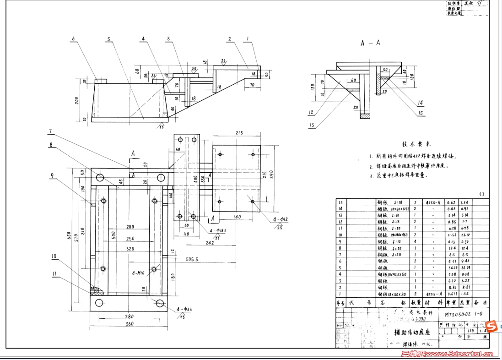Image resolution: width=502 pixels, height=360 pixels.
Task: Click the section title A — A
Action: coord(370,43)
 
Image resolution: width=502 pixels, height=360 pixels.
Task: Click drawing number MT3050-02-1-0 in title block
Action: coord(463,314)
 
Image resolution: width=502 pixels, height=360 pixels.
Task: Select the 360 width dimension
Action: coord(129,324)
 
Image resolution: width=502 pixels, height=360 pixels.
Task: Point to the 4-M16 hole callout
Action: coord(139,273)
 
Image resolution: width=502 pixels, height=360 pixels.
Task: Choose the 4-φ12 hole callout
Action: coord(281,220)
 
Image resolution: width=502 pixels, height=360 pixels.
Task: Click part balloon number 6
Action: coord(73,39)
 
